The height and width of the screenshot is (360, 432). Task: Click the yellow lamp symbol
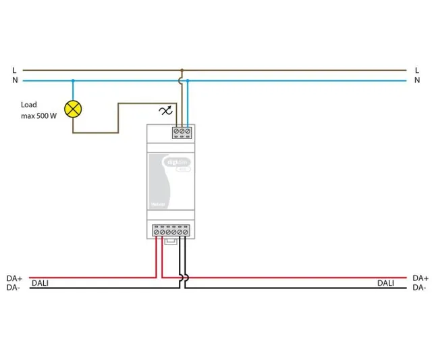click(72, 108)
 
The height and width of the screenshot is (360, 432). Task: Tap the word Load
click(29, 105)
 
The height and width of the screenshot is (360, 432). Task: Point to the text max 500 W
click(38, 116)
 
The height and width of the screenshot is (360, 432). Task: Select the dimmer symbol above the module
click(165, 110)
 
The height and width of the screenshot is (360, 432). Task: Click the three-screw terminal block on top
click(182, 132)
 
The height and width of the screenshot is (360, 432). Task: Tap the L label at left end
click(13, 70)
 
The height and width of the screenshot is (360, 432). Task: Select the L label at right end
click(417, 70)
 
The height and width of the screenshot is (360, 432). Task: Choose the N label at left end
click(13, 80)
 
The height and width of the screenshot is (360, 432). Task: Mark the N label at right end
click(417, 80)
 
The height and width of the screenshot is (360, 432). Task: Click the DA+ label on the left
click(14, 278)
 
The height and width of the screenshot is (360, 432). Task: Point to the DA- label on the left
click(13, 288)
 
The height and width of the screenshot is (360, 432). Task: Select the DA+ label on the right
click(420, 278)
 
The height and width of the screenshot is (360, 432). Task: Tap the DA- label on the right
click(419, 288)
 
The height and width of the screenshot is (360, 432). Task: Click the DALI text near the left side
click(40, 283)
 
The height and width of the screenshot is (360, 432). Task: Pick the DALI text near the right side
click(386, 283)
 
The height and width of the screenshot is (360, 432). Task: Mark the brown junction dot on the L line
click(182, 70)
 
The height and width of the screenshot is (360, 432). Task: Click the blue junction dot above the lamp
click(73, 80)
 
